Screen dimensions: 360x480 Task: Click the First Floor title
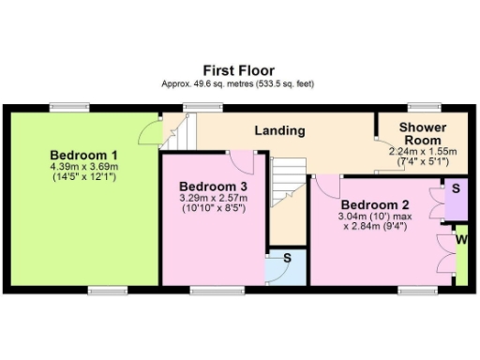[240, 70]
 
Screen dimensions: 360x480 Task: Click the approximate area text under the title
[240, 83]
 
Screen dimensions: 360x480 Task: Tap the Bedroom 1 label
[83, 155]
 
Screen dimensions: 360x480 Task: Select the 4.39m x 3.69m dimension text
[83, 166]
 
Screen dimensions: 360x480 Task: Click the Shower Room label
[422, 133]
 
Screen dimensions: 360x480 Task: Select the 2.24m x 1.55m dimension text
[422, 151]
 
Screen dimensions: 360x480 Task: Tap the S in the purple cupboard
[456, 188]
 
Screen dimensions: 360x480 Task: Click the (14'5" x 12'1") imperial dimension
[83, 176]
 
